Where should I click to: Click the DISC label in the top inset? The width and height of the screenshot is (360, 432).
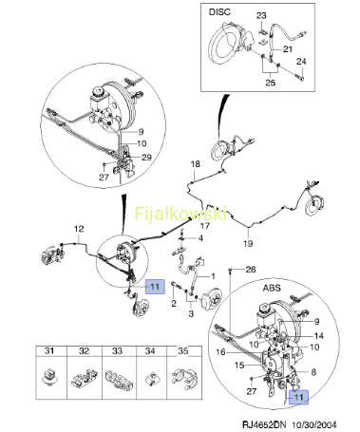tap(219, 12)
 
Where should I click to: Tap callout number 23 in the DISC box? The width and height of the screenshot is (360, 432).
tap(261, 15)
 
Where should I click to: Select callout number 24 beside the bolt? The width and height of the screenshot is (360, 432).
tap(301, 61)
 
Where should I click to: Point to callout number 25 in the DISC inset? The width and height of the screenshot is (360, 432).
tap(271, 83)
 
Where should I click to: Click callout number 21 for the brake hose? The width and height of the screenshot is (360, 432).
tap(288, 49)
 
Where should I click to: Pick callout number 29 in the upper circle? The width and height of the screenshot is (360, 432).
tap(146, 158)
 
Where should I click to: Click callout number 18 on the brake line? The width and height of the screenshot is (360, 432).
tap(196, 164)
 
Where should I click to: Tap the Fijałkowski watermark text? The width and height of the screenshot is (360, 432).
tap(180, 214)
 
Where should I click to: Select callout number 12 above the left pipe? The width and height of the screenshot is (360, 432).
tap(79, 229)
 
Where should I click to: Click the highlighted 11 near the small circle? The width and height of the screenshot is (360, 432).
tap(155, 287)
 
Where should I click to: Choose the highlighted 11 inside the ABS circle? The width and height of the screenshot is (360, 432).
tap(298, 397)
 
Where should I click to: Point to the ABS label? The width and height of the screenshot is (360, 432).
tap(272, 288)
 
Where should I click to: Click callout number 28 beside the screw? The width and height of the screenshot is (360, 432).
tap(251, 270)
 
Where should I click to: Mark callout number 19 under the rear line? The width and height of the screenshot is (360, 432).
tap(248, 243)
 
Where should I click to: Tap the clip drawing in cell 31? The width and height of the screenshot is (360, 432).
tap(50, 377)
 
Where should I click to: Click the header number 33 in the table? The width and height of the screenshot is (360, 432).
tap(117, 351)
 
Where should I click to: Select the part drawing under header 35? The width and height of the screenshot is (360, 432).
tap(185, 378)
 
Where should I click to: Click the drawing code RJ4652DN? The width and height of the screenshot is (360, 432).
tap(264, 424)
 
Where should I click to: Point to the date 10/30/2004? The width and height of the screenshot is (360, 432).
tap(314, 424)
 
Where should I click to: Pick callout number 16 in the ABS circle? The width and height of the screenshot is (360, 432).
tap(220, 352)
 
